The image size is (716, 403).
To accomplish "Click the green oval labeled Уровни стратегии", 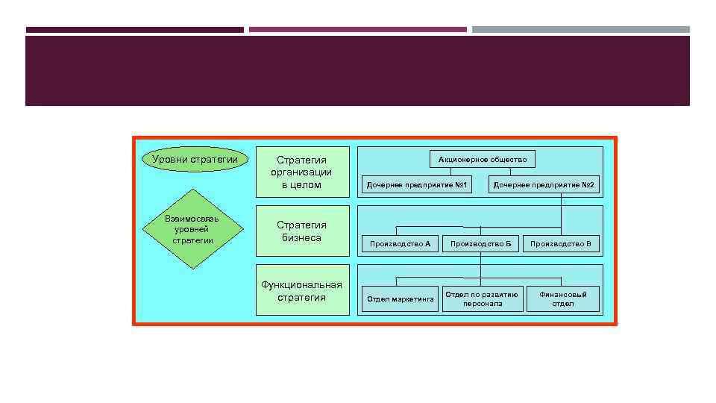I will [x=195, y=159].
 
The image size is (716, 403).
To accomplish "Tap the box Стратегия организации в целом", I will [x=302, y=172].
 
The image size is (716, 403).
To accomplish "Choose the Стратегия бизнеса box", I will [x=302, y=231].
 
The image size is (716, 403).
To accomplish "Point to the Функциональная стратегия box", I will [x=302, y=290].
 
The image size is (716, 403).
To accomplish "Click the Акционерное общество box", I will [x=483, y=159].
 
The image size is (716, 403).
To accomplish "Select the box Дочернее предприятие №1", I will [x=416, y=184].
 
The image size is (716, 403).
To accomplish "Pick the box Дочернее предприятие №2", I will [x=545, y=184].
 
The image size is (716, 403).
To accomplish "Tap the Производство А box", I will [x=400, y=244].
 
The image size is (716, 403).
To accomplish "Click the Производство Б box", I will [x=481, y=244].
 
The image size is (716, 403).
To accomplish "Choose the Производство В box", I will [x=561, y=244].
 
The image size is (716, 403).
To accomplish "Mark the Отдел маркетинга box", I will [x=400, y=299].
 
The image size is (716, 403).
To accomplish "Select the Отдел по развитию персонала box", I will [x=482, y=299].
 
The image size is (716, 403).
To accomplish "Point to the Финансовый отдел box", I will [x=563, y=299].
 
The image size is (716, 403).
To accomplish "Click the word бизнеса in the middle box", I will [x=302, y=238].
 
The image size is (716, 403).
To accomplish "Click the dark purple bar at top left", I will [x=134, y=30].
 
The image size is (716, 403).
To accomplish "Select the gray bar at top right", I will [x=580, y=30].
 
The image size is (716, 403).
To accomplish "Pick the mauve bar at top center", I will [x=357, y=30].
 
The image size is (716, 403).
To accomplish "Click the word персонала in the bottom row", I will [x=483, y=304].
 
